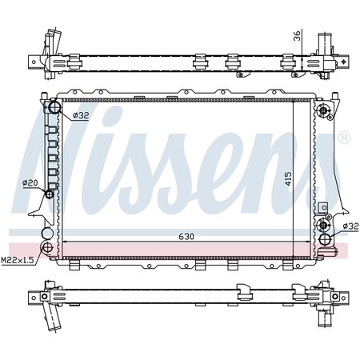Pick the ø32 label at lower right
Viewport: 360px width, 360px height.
350,226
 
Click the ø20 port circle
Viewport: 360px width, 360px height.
50,194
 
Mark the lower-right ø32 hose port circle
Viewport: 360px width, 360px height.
325,239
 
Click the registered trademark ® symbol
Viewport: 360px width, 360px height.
344,138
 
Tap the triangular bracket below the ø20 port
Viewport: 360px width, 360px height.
37,210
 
